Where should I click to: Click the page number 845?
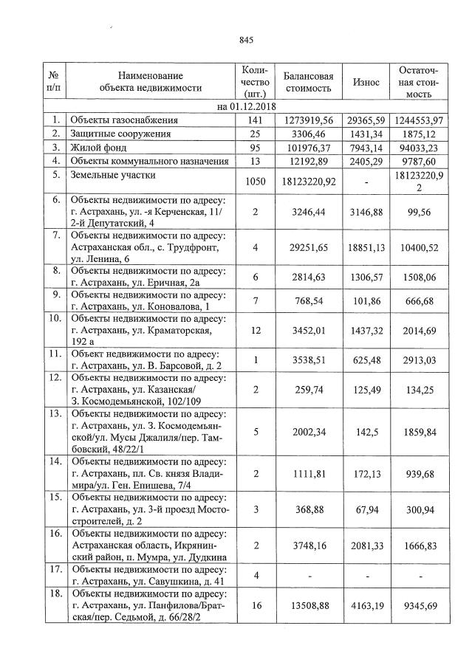(x=247, y=40)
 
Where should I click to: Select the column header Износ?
(x=366, y=82)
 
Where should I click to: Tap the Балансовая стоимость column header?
(x=308, y=82)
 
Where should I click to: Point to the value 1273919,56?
(x=308, y=120)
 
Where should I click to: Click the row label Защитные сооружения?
(x=120, y=134)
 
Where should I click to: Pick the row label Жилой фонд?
(x=95, y=147)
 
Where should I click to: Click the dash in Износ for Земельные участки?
(x=366, y=182)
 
